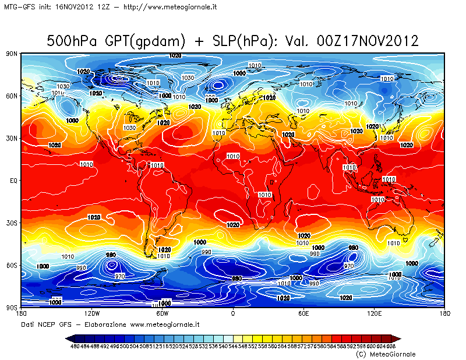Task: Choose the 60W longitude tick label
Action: click(162, 314)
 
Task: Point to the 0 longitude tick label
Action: click(233, 314)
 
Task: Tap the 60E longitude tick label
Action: click(303, 314)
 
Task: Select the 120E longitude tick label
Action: click(374, 314)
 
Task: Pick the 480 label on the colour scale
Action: click(75, 347)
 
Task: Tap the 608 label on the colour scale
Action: click(391, 347)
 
